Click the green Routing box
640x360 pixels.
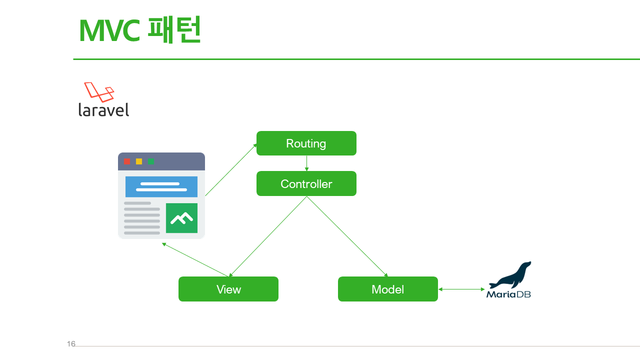306,143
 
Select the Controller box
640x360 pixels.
306,184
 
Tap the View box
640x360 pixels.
228,289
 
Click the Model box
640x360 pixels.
387,289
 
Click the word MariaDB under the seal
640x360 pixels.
508,294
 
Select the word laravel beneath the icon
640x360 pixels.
103,109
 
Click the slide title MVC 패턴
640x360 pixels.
139,30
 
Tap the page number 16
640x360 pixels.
71,344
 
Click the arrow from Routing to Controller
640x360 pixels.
306,163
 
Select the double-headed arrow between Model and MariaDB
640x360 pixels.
461,289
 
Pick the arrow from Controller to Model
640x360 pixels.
347,236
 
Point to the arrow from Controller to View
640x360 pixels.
267,236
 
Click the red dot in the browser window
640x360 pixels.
127,161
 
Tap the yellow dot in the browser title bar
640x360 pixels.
139,161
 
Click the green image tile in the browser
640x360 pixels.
181,218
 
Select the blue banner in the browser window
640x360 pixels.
161,186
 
